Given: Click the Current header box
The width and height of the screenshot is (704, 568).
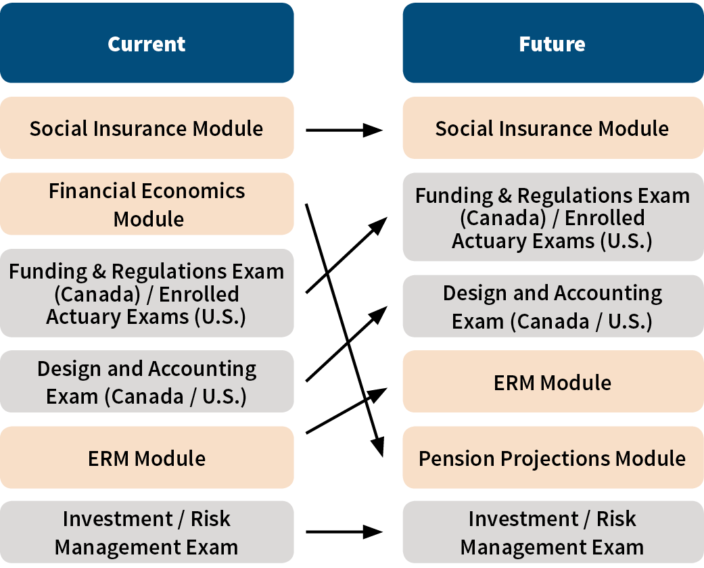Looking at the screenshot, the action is tap(147, 43).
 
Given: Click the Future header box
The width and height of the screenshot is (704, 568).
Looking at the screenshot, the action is tap(553, 43).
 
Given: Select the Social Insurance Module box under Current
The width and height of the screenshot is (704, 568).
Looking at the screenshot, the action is tap(147, 128).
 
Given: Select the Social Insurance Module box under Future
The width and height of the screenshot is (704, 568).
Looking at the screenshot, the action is tap(553, 128).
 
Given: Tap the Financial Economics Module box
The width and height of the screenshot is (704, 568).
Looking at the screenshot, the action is tap(147, 204).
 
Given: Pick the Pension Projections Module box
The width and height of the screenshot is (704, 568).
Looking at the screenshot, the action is tap(553, 458).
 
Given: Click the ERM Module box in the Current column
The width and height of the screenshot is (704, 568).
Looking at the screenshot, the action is tap(147, 458).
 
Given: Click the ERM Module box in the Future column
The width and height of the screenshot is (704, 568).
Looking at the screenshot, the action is tap(553, 381).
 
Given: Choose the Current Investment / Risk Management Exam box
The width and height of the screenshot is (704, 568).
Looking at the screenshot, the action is tap(147, 532).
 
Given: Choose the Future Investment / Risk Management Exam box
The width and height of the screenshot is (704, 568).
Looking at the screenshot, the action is tap(553, 532).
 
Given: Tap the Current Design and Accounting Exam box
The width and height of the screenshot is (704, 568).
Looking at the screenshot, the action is tap(147, 381).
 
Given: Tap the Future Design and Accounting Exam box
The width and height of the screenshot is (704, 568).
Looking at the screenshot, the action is tap(553, 306).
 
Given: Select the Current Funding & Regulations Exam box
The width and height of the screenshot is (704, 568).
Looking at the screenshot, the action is tap(147, 293).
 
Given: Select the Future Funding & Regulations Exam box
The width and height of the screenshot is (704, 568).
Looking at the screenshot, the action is tap(553, 217).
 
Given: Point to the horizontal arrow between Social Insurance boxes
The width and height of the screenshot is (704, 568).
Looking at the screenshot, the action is tap(344, 131).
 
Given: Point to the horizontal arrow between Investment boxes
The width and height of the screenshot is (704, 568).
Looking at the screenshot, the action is tap(344, 532).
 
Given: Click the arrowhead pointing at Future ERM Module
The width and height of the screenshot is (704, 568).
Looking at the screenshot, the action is tap(377, 394).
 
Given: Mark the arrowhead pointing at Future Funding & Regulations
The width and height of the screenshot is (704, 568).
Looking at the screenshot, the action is tap(379, 225).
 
